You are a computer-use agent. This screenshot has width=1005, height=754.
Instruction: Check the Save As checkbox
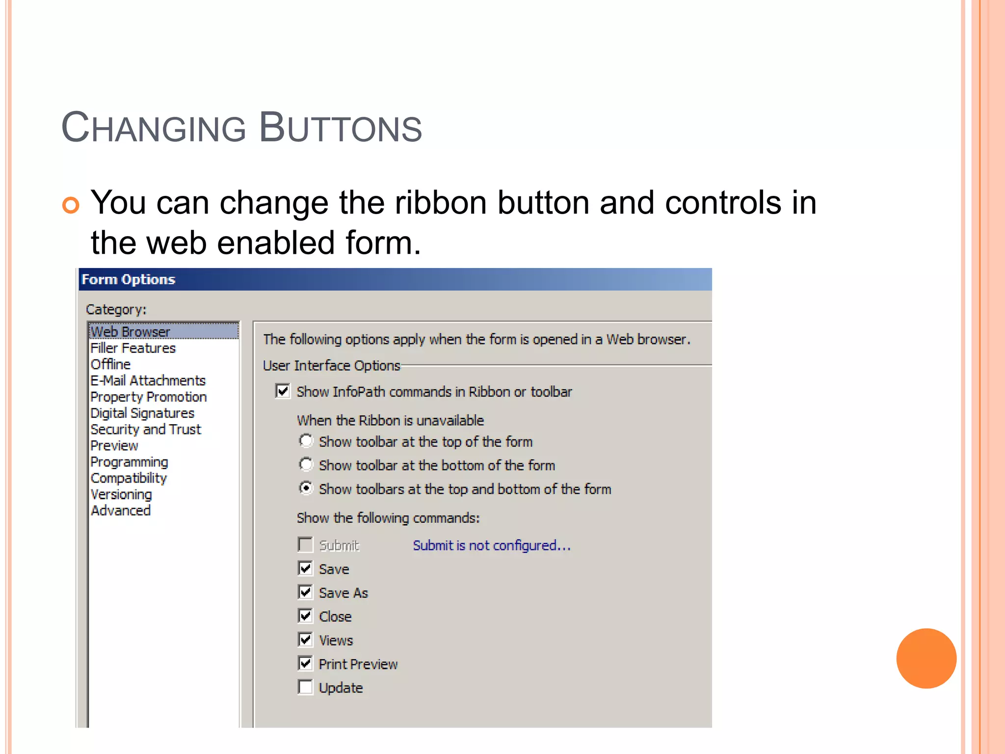click(x=305, y=592)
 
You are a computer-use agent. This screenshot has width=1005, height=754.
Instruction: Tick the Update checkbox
click(x=305, y=687)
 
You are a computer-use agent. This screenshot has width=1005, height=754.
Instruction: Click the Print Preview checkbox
click(x=305, y=664)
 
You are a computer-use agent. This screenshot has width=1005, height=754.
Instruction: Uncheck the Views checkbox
click(x=305, y=640)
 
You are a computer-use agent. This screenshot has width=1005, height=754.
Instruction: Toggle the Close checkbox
click(x=305, y=616)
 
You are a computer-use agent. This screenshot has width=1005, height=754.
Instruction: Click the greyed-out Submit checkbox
click(x=305, y=544)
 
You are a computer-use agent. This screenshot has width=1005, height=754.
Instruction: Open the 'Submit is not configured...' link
click(x=491, y=545)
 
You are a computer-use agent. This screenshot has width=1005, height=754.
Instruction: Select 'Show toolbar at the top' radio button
click(x=306, y=441)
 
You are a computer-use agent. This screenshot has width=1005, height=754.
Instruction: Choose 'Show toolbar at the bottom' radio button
click(x=306, y=464)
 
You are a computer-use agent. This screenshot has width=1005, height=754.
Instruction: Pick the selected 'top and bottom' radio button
click(x=306, y=488)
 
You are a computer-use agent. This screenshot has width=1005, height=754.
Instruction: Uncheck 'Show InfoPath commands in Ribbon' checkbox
click(x=283, y=391)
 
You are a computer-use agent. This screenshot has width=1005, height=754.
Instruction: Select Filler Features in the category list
click(x=133, y=348)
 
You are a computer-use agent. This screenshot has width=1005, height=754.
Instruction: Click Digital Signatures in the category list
click(x=142, y=413)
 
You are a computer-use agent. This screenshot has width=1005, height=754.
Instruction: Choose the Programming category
click(x=129, y=462)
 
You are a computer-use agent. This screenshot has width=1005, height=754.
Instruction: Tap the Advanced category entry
click(x=121, y=511)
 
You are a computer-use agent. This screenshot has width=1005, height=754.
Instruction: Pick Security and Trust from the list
click(x=146, y=430)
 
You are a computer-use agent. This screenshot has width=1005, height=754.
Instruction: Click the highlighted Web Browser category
click(x=131, y=332)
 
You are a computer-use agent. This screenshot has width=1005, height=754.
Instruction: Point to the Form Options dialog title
click(x=129, y=279)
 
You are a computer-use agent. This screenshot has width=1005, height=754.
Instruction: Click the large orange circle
click(x=926, y=658)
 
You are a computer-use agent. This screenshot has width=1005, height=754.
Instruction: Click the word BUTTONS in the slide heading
click(x=340, y=128)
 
